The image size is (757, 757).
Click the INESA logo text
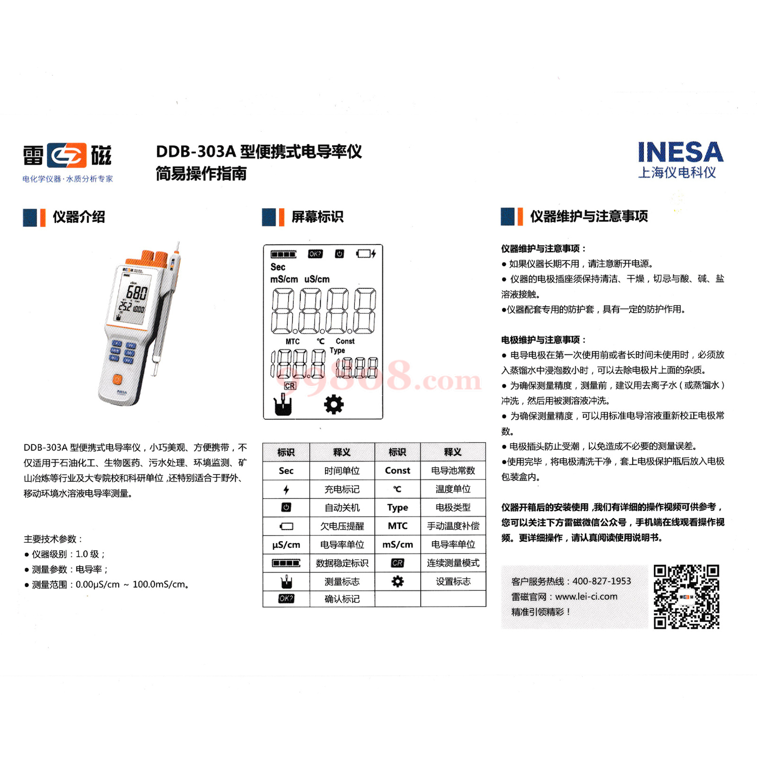click(680, 152)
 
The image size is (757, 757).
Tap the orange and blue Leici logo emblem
click(67, 156)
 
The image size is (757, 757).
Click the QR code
click(686, 597)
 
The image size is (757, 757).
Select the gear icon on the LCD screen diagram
click(334, 405)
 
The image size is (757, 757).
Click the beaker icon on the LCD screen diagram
click(283, 405)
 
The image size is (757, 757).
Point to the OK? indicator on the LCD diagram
click(315, 254)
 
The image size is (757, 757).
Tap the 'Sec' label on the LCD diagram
click(278, 267)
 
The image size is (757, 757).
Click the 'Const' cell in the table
click(397, 470)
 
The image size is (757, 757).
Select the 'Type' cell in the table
click(397, 508)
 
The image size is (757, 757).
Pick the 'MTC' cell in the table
click(397, 526)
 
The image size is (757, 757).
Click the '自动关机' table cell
click(342, 508)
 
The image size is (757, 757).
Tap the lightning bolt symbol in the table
click(286, 489)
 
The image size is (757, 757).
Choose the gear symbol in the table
click(397, 581)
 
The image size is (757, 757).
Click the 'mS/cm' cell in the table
click(397, 545)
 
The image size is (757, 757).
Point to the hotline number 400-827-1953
click(601, 581)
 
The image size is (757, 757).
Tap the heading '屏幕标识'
click(317, 217)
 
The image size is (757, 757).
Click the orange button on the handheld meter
click(117, 379)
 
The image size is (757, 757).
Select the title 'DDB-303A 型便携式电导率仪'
click(259, 152)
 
